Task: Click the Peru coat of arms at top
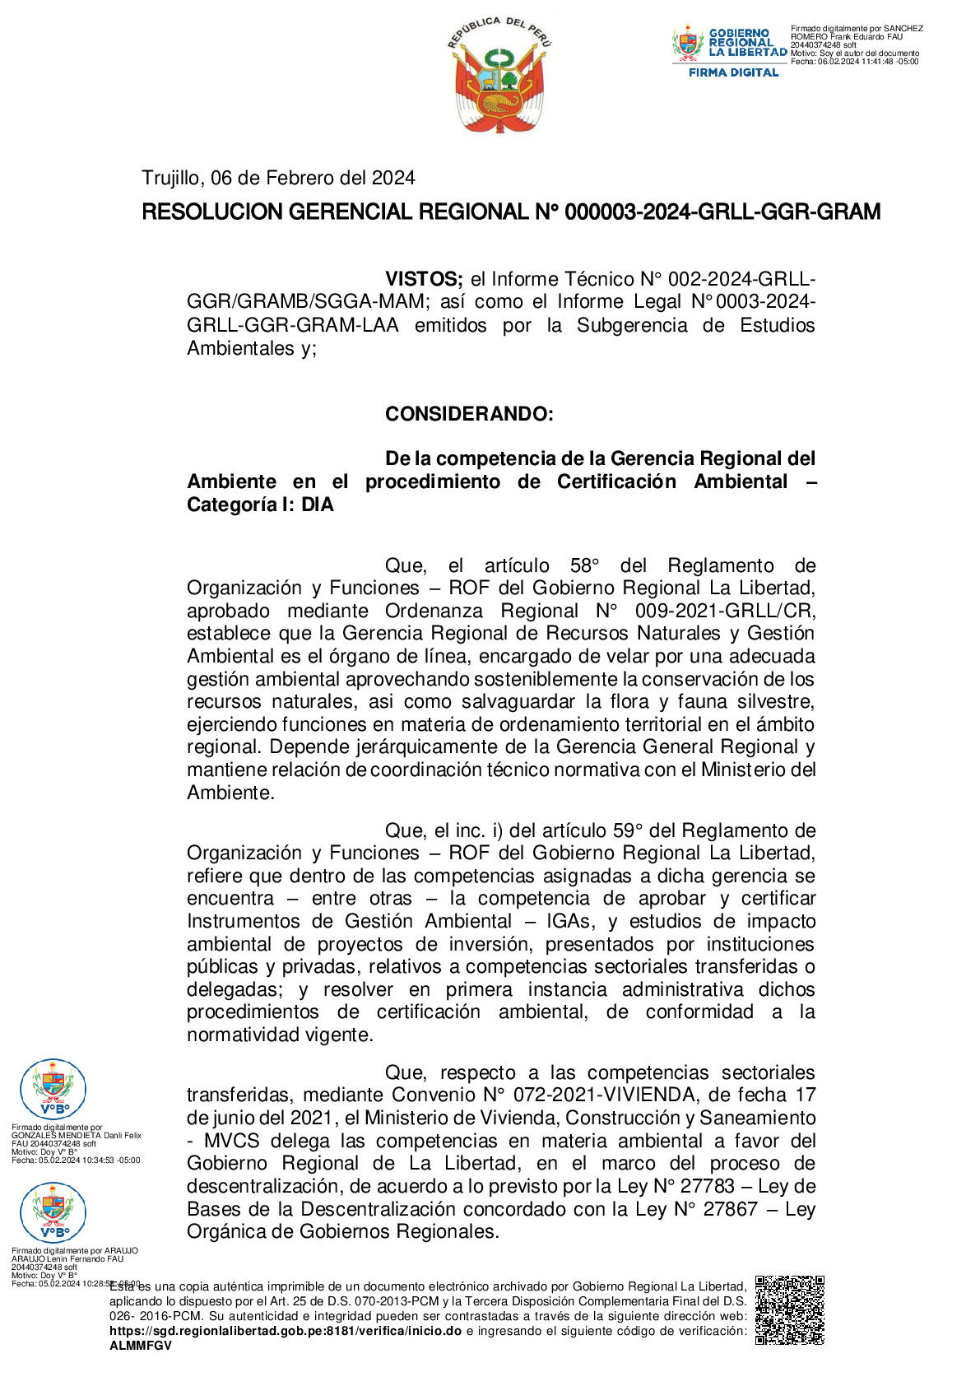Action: click(499, 76)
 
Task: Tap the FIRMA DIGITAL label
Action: click(733, 72)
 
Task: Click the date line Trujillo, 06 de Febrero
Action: click(278, 178)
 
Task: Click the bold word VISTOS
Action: click(424, 280)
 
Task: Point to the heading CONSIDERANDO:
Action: click(469, 414)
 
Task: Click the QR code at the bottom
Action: click(789, 1310)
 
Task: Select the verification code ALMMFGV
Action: click(141, 1346)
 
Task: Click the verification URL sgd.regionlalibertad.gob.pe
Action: click(286, 1331)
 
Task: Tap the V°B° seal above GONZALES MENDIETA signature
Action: click(53, 1090)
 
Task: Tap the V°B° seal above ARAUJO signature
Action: click(53, 1213)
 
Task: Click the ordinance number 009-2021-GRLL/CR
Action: click(724, 612)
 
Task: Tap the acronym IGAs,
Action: click(569, 922)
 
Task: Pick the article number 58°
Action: click(584, 566)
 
